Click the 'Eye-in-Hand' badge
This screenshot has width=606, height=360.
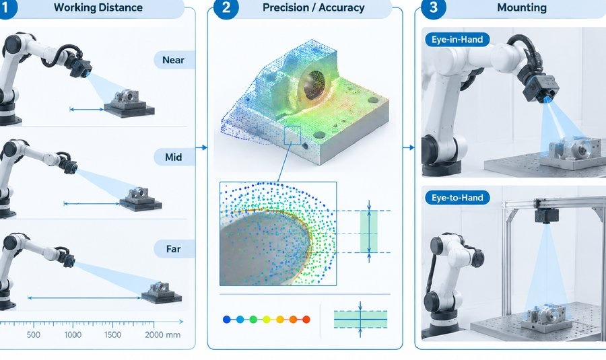tap(457, 40)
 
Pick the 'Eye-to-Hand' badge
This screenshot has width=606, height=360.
tap(458, 197)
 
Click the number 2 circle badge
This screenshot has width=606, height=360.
tap(226, 7)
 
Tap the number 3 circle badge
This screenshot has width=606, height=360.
tap(433, 7)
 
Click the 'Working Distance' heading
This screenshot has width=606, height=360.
tap(98, 7)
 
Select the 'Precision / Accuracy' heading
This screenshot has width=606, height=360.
tap(313, 7)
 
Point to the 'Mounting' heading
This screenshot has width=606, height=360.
tap(522, 7)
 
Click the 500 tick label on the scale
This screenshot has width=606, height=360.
tap(33, 334)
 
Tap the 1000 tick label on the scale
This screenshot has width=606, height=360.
tap(73, 334)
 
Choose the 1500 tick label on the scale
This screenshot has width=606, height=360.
tap(112, 334)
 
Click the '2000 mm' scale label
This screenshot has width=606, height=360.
tap(163, 334)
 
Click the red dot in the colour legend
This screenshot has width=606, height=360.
tap(306, 320)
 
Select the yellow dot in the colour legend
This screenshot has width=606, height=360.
tap(266, 320)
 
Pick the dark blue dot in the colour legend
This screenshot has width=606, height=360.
tap(227, 320)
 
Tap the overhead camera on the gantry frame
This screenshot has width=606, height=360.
tap(547, 215)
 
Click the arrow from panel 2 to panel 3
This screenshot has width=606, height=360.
tap(409, 147)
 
